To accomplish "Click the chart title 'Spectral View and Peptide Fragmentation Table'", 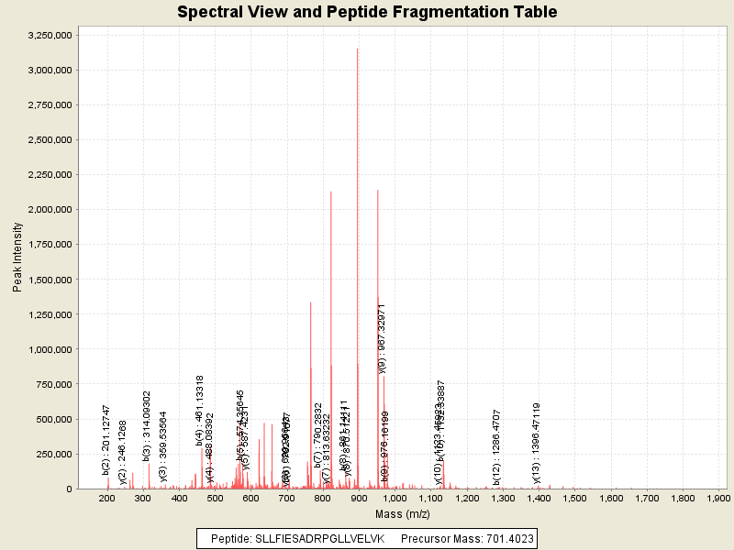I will click(x=367, y=12).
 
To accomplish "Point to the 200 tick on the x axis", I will click(x=107, y=498).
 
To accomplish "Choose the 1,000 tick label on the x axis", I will click(x=395, y=498).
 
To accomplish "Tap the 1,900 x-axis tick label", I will click(x=718, y=498).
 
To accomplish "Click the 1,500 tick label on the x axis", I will click(x=575, y=498).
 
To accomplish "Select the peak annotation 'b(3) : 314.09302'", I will click(x=147, y=424).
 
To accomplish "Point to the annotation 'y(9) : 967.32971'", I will click(x=382, y=337).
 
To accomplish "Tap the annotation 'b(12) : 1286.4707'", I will click(x=496, y=445).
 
